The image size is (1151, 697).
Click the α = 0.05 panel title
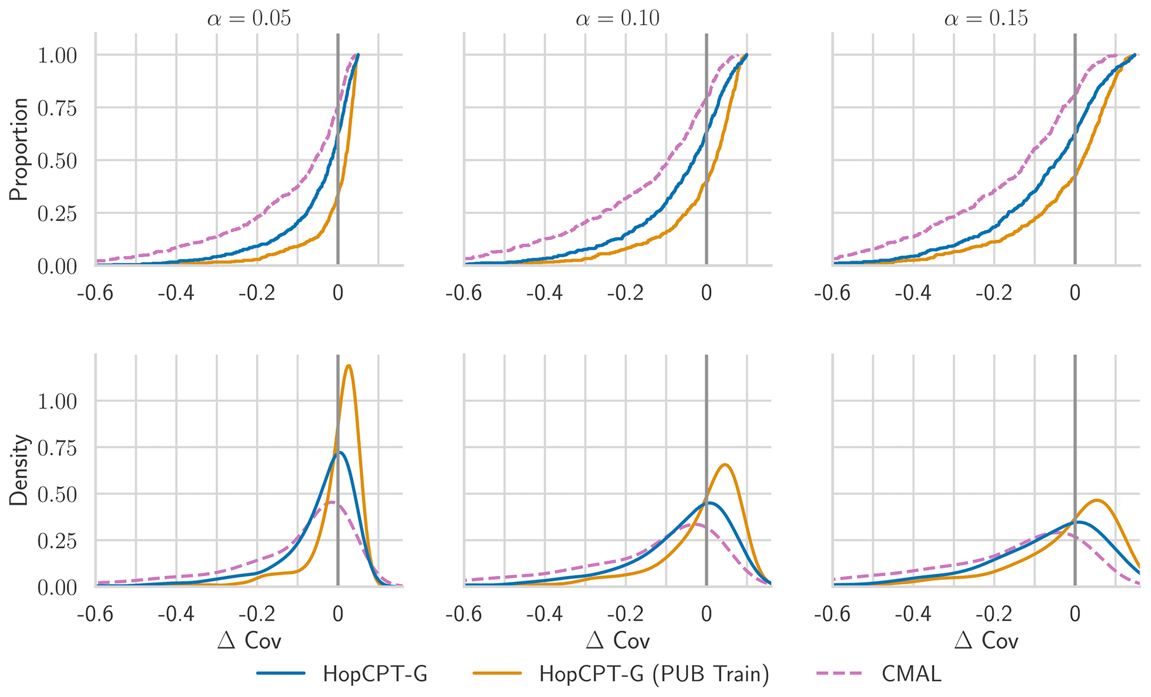point(249,19)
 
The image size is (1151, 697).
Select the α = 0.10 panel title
point(618,19)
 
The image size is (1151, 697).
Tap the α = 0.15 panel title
point(986,19)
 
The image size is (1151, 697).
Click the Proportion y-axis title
point(19,149)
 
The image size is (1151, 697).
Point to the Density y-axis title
point(19,470)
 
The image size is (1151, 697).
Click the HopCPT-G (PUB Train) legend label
point(654,674)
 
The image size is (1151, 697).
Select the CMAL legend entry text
point(912,674)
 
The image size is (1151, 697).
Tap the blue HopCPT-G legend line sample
point(281,674)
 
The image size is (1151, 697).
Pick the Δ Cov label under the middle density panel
point(618,641)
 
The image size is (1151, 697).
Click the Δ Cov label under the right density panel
point(986,641)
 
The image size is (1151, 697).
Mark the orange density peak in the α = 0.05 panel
point(349,366)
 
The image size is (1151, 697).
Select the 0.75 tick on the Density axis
point(57,448)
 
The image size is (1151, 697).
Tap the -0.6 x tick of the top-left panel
point(95,293)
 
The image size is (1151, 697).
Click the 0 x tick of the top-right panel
point(1075,293)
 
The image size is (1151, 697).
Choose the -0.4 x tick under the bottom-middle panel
point(545,615)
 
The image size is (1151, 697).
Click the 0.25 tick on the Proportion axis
point(57,214)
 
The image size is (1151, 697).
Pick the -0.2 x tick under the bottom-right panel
point(994,615)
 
